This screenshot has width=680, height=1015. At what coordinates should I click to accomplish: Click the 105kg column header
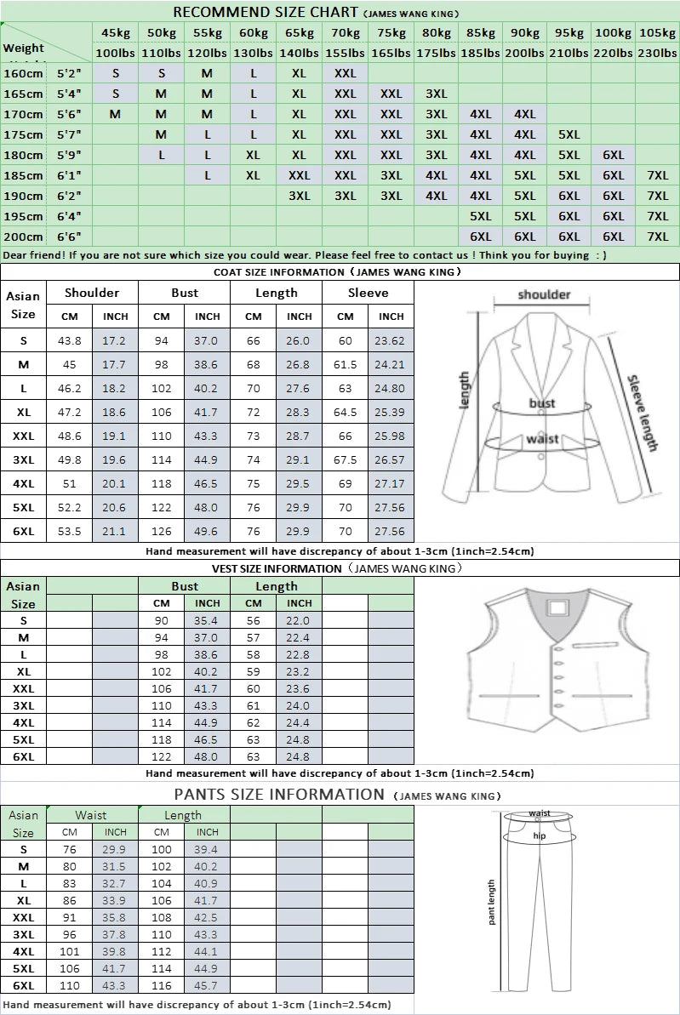[657, 32]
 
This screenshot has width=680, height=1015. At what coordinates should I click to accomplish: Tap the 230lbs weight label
[657, 53]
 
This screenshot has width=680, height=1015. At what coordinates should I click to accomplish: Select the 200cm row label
[23, 237]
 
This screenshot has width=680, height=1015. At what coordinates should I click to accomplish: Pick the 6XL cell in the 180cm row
[613, 155]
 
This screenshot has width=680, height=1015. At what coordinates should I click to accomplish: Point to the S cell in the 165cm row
[116, 94]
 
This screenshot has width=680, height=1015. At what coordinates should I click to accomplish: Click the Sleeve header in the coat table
[368, 293]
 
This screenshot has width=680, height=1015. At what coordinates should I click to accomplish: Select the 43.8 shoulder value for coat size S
[69, 340]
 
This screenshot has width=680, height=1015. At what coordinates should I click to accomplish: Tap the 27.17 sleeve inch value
[391, 483]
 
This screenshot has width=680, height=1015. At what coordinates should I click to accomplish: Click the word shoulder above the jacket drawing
[544, 294]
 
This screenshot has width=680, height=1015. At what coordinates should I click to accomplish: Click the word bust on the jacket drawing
[542, 402]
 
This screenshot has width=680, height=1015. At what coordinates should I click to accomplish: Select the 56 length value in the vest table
[254, 621]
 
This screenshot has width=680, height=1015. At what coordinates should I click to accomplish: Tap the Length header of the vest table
[277, 586]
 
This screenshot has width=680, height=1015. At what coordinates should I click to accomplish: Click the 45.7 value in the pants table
[207, 985]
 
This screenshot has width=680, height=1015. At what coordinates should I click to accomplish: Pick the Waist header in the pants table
[91, 815]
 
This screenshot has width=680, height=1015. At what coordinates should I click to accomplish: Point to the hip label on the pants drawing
[539, 835]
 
